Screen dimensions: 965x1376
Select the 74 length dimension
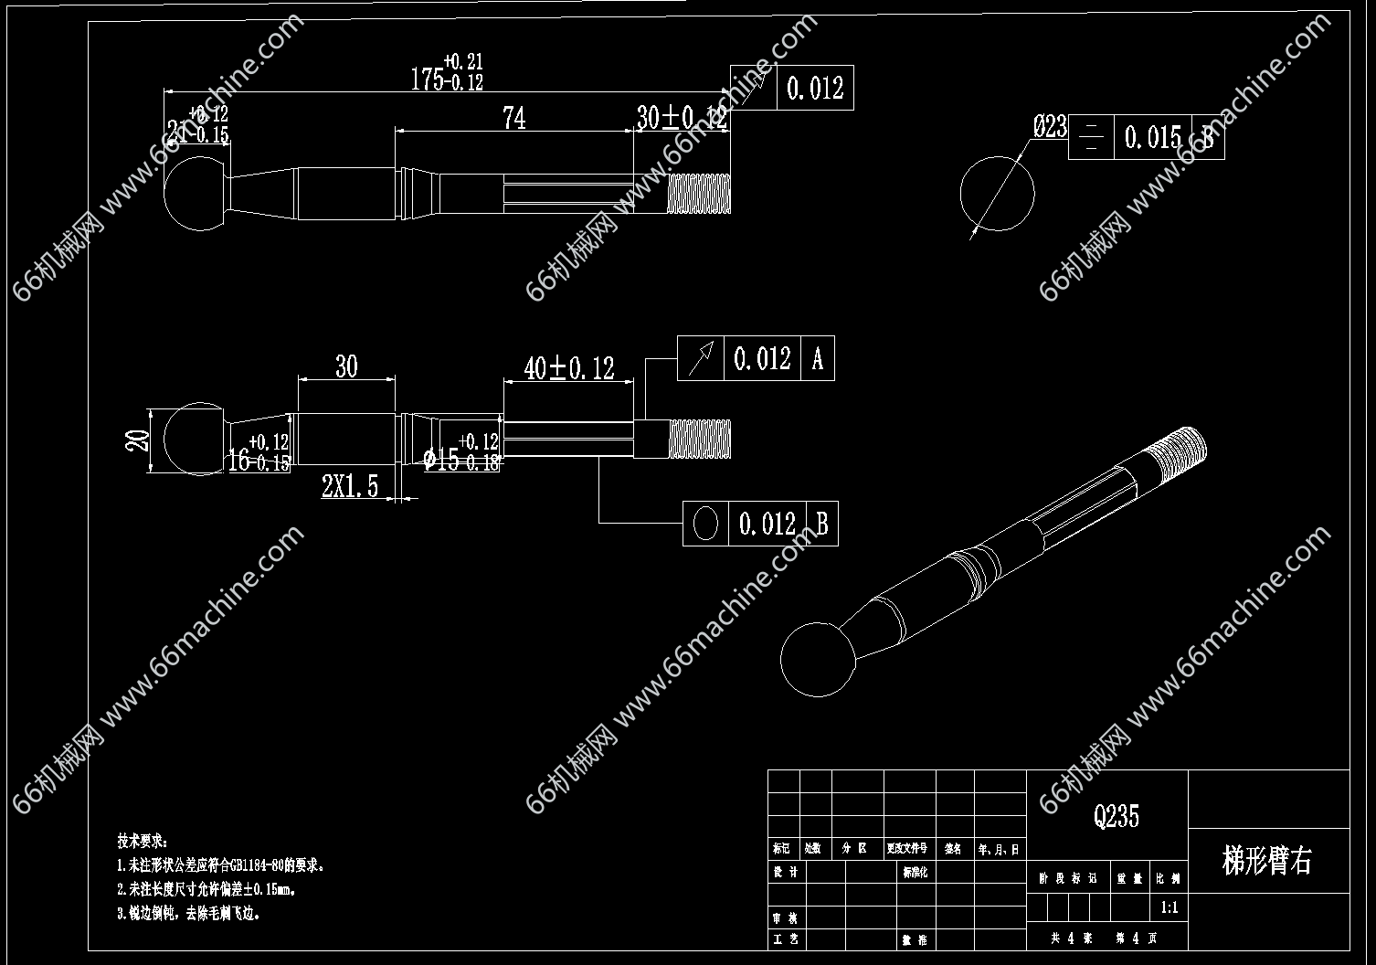[514, 118]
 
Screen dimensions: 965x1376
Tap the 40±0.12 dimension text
[568, 367]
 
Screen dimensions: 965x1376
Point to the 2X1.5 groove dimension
[349, 486]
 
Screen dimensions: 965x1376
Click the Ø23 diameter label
[1050, 126]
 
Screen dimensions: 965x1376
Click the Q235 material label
[1117, 815]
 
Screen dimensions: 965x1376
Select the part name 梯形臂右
[1266, 861]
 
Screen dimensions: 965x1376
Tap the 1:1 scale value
[1169, 908]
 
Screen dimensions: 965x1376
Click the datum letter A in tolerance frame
[818, 358]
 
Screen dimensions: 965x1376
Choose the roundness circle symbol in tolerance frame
[705, 524]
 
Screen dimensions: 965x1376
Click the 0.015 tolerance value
[1153, 138]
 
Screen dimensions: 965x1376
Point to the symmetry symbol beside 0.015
[1091, 139]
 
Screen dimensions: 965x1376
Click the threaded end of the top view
[699, 193]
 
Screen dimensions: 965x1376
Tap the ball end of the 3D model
[818, 661]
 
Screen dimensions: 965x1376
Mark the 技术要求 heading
[143, 840]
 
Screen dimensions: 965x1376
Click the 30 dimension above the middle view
[346, 367]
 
